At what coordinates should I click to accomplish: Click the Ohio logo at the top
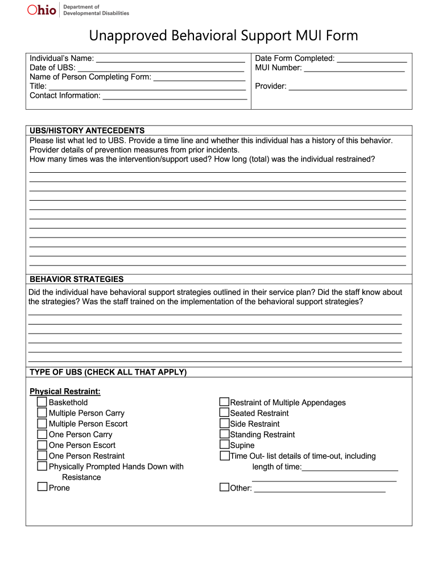point(42,10)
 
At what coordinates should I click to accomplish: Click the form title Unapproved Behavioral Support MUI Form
point(224,36)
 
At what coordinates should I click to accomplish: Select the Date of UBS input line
point(160,68)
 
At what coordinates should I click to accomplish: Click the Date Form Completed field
point(372,58)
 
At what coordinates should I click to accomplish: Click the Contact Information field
point(175,95)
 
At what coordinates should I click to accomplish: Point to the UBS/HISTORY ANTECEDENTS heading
point(87,131)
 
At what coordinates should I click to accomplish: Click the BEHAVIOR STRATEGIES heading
point(76,279)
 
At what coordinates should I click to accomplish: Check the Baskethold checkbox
point(42,402)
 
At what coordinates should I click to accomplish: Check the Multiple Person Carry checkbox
point(42,413)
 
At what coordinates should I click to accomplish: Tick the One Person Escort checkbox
point(42,445)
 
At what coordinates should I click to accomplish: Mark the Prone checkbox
point(42,487)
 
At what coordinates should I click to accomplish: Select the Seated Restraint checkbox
point(224,413)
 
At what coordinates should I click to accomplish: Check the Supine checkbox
point(224,444)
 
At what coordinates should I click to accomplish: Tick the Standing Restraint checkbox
point(224,434)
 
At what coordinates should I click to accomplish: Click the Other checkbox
point(224,487)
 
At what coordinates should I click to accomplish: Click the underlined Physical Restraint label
point(65,392)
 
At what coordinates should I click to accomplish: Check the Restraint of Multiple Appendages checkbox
point(224,402)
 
